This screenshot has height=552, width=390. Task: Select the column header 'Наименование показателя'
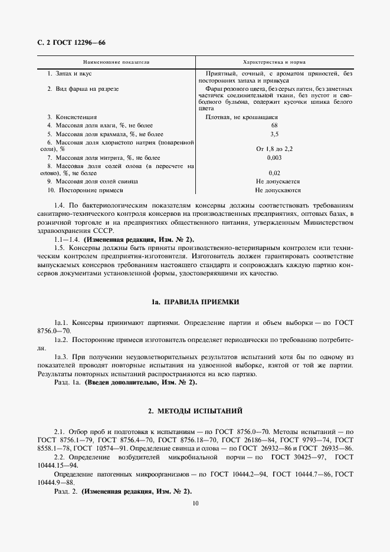pyautogui.click(x=116, y=62)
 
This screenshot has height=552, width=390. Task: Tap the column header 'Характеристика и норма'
pyautogui.click(x=274, y=62)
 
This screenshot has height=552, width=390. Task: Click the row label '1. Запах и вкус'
pyautogui.click(x=69, y=73)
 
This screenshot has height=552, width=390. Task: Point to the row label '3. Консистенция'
pyautogui.click(x=72, y=117)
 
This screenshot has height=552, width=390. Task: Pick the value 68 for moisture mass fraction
pyautogui.click(x=274, y=125)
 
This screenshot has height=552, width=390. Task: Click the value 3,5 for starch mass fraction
pyautogui.click(x=274, y=134)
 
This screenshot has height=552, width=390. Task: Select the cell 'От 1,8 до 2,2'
pyautogui.click(x=274, y=149)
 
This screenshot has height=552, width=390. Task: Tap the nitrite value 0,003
pyautogui.click(x=274, y=157)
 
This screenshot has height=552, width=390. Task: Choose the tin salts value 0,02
pyautogui.click(x=274, y=173)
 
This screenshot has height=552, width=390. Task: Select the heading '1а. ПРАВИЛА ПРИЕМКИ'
pyautogui.click(x=195, y=302)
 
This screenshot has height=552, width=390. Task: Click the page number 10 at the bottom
pyautogui.click(x=195, y=503)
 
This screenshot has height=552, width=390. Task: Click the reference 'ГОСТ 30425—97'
pyautogui.click(x=300, y=457)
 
